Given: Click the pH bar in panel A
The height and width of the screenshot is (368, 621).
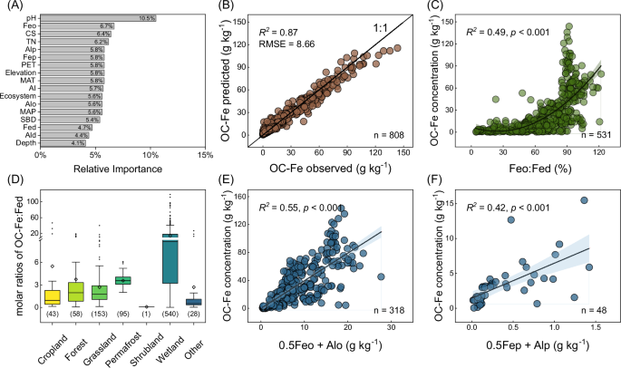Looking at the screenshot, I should click(98, 18).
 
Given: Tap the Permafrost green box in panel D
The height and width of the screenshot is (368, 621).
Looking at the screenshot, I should click(121, 280).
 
